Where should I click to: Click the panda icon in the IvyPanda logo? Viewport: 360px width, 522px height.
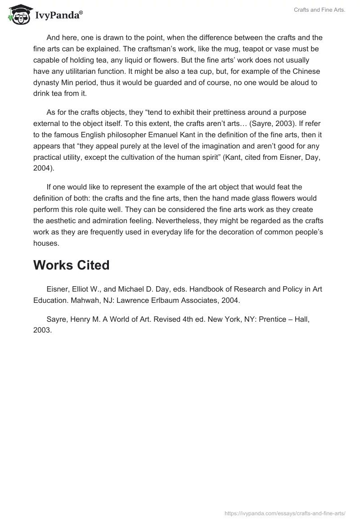click(18, 14)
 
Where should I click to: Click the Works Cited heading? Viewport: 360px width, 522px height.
click(71, 265)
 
